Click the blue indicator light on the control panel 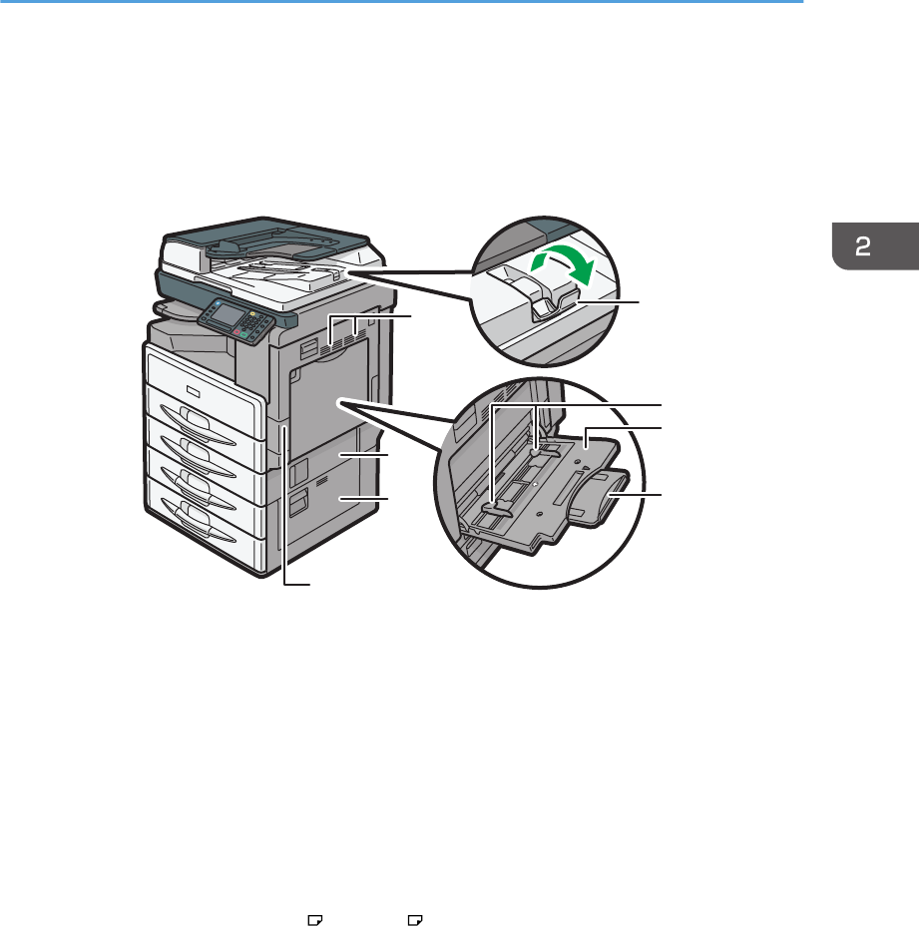tap(217, 301)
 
